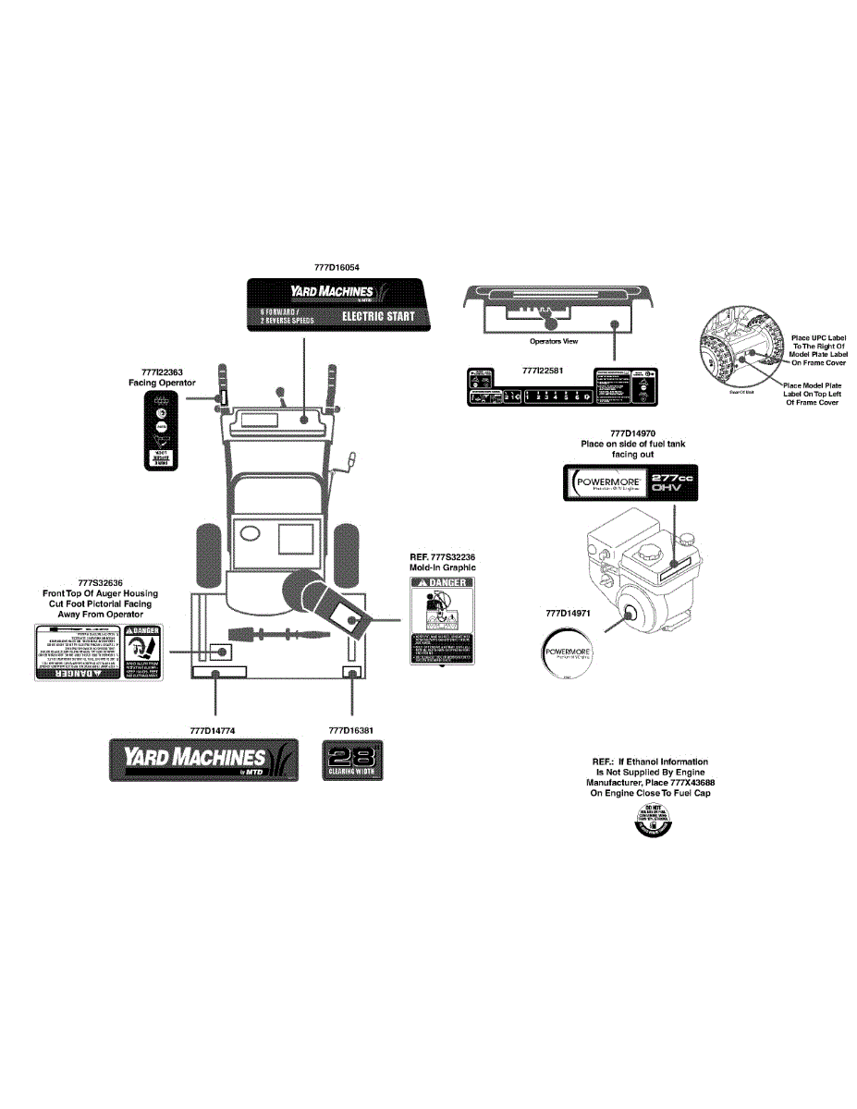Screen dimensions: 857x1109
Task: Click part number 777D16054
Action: (337, 267)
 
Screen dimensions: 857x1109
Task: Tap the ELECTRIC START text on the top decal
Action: (378, 316)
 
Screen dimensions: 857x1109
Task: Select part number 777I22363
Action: (162, 372)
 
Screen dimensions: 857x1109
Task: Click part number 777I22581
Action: (543, 371)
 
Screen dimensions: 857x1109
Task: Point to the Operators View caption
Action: (553, 341)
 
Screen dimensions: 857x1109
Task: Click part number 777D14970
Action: (632, 433)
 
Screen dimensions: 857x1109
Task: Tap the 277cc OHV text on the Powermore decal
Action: (672, 482)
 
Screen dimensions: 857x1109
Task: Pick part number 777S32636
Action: (101, 582)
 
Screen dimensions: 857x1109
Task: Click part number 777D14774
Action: (213, 730)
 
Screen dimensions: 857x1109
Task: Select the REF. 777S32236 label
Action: (443, 556)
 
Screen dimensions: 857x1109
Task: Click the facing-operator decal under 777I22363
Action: (162, 430)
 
